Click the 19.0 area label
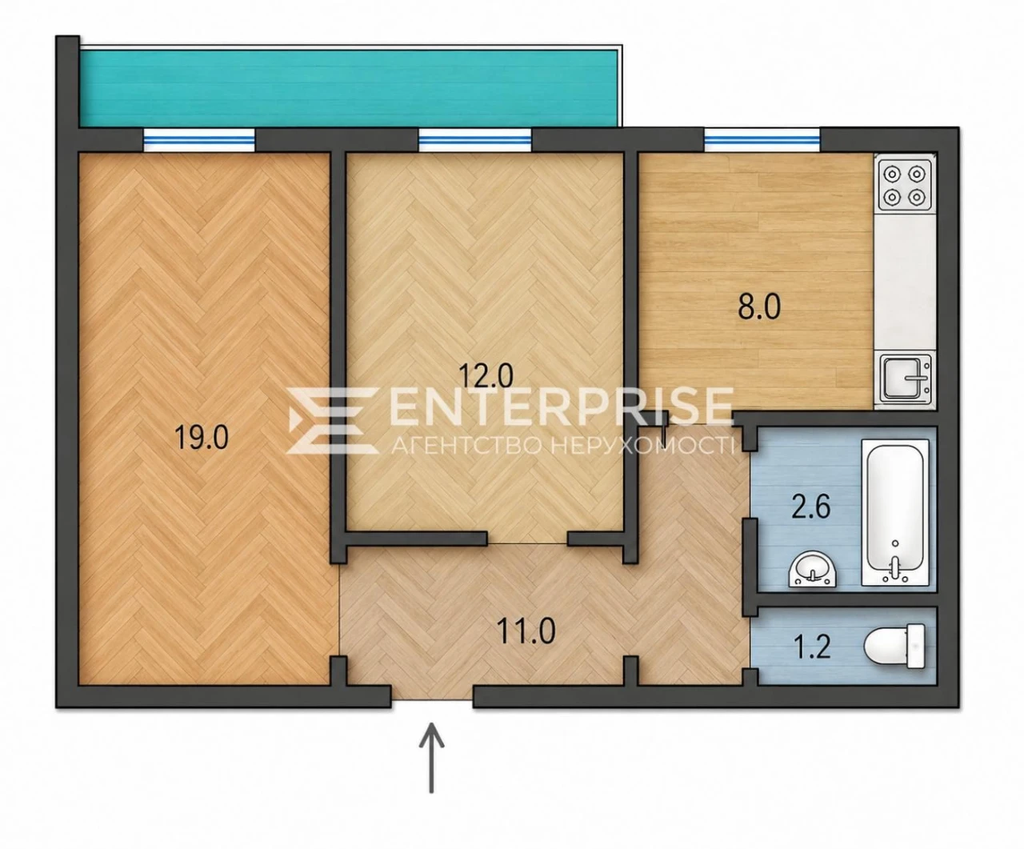[x=202, y=438]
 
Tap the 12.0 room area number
[x=486, y=376]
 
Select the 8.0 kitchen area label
[x=758, y=307]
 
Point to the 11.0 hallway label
[x=526, y=631]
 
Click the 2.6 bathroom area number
[x=811, y=507]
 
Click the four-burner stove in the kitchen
[x=904, y=186]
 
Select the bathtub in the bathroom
[x=895, y=513]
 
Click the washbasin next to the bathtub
[x=812, y=570]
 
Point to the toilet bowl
[x=894, y=646]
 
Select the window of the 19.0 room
[x=199, y=140]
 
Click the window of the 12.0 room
[x=474, y=140]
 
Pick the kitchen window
[x=762, y=140]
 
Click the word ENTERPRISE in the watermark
[x=561, y=406]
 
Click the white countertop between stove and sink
[x=905, y=283]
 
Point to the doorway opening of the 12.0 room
[x=527, y=539]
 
